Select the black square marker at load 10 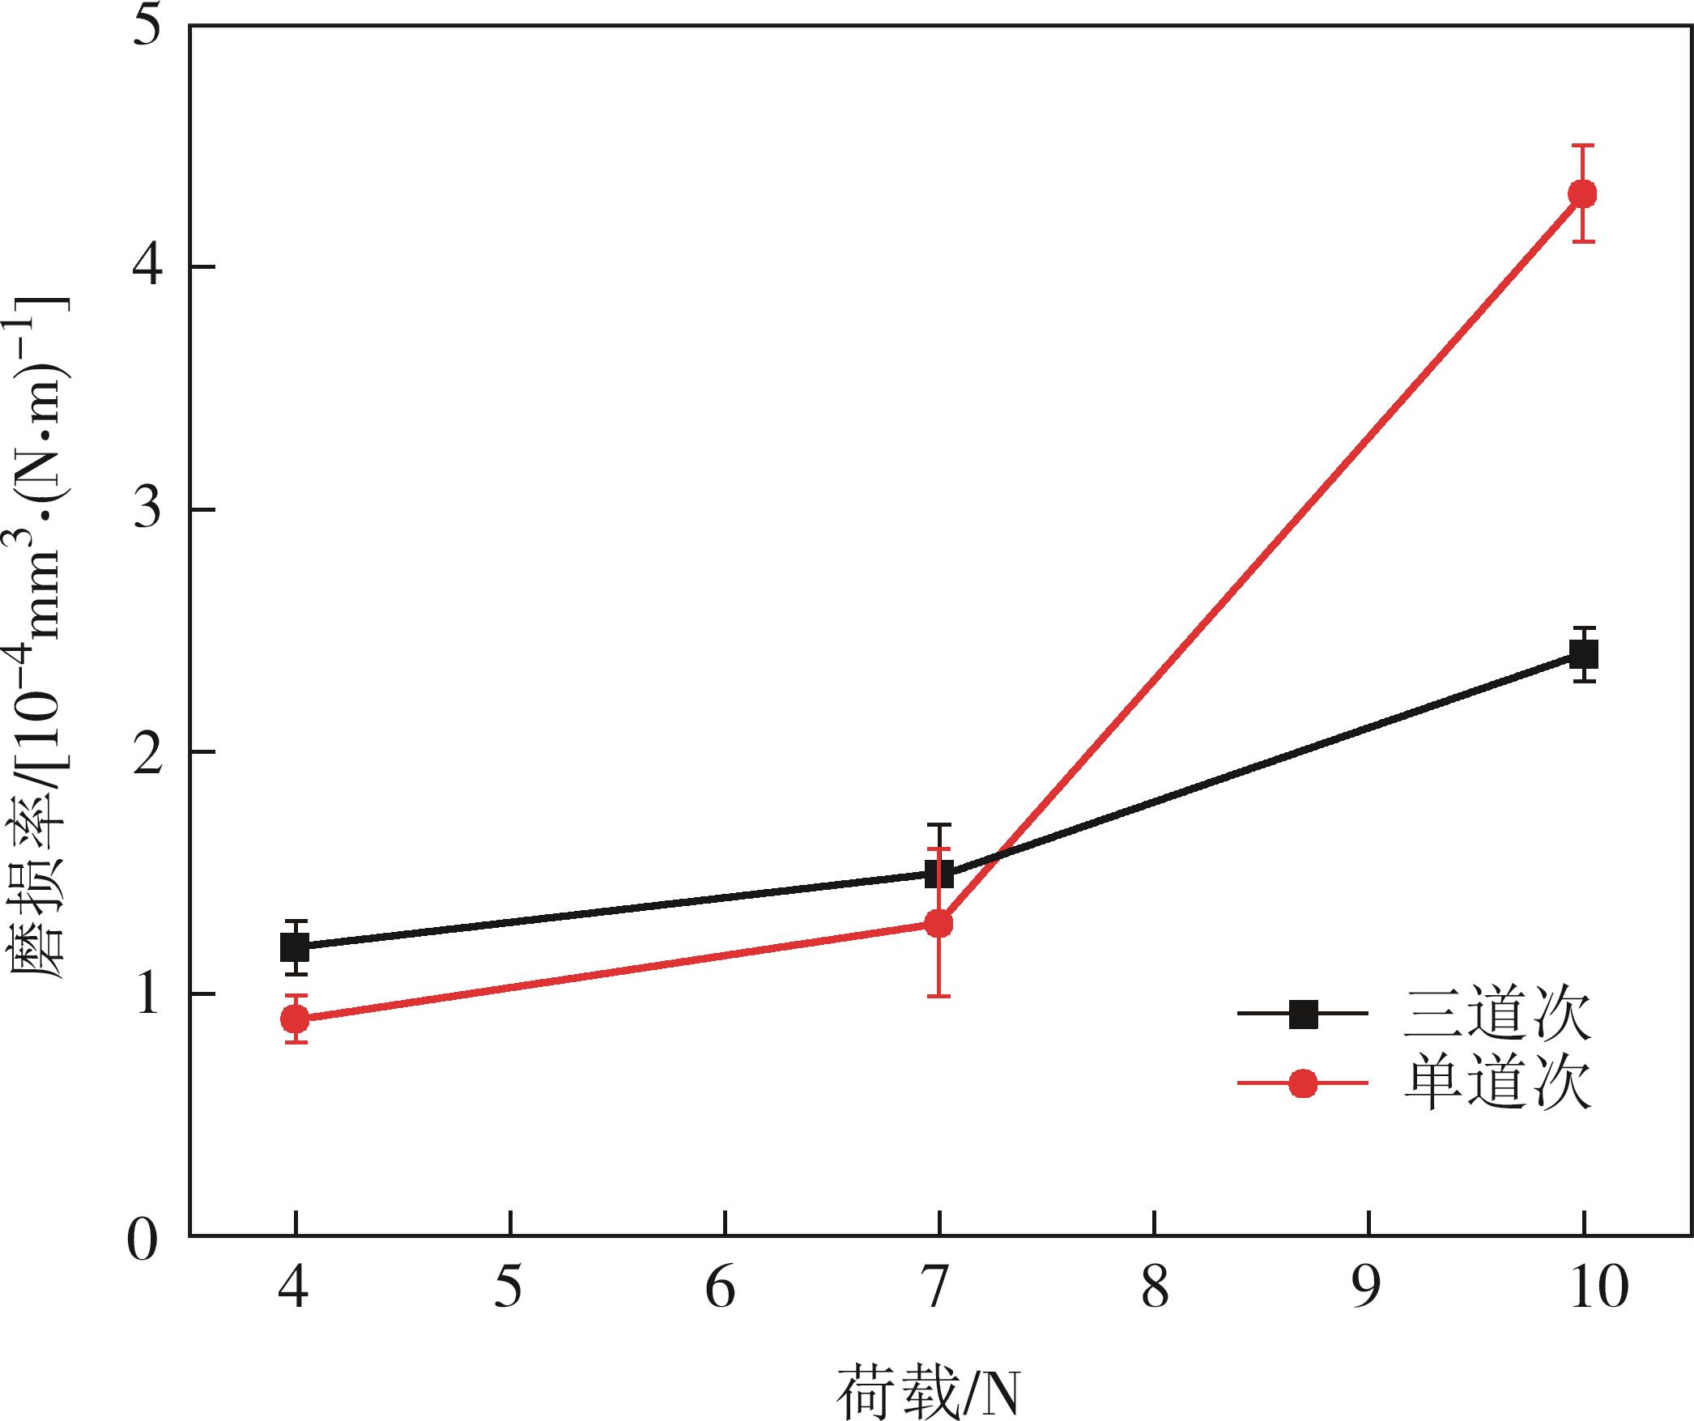pos(1583,653)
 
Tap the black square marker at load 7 pos(939,874)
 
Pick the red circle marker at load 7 pos(939,923)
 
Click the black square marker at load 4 pos(295,947)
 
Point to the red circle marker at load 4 pos(295,1018)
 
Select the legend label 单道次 pos(1496,1084)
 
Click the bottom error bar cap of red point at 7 pos(939,995)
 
